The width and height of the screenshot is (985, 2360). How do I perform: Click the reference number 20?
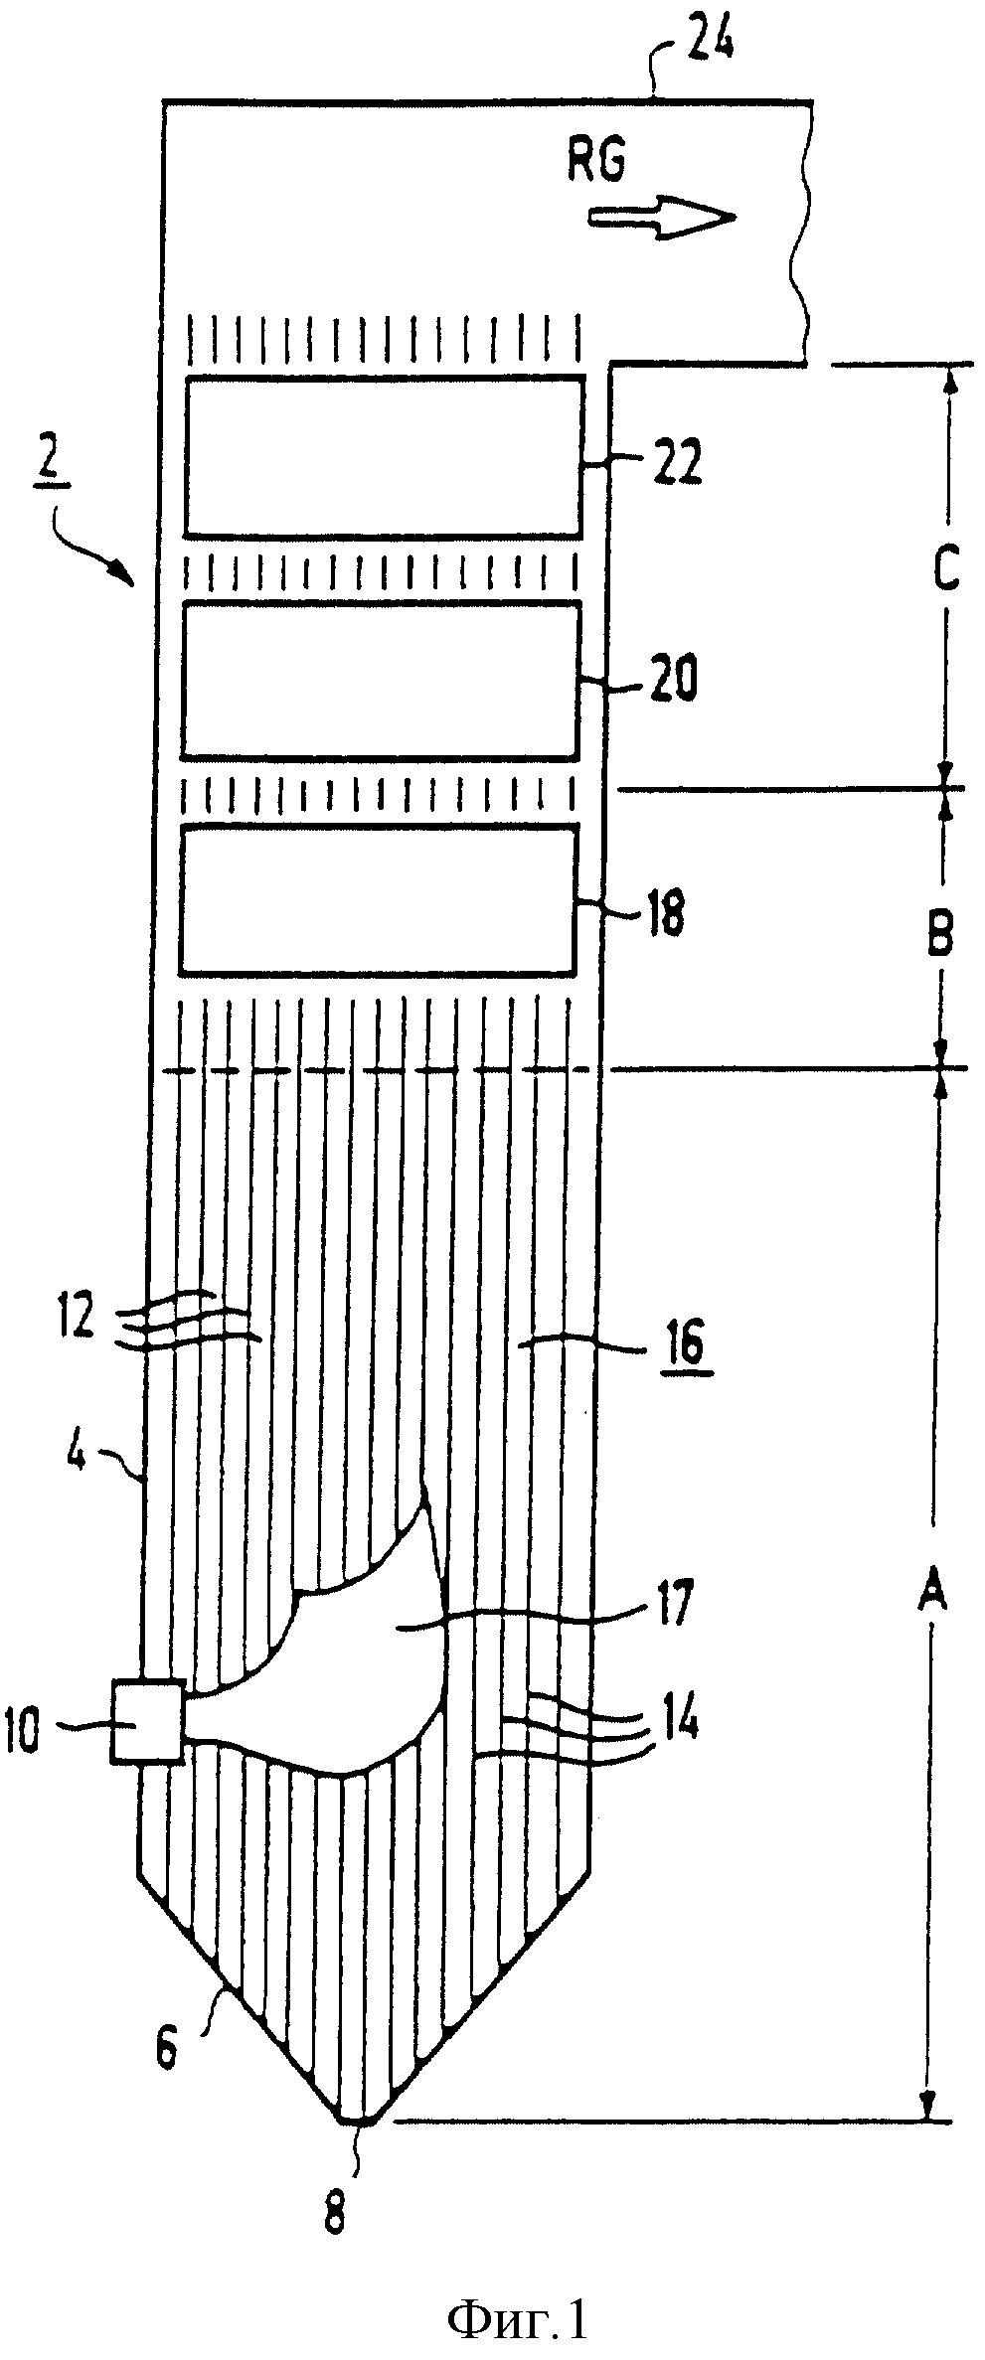pos(671,682)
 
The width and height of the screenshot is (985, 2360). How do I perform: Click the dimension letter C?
pos(946,570)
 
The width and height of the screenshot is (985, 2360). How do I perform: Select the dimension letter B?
pos(941,933)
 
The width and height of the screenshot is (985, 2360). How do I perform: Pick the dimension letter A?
pos(929,1597)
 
